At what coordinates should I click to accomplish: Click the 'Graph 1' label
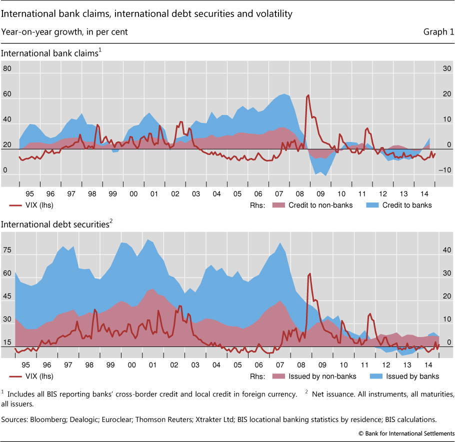coord(438,32)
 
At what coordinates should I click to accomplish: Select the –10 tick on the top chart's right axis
coord(441,170)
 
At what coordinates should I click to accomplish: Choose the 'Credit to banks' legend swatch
coord(372,205)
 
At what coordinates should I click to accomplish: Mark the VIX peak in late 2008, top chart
coord(308,95)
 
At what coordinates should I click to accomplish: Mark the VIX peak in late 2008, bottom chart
coord(310,273)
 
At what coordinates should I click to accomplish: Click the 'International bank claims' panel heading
coord(49,54)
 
